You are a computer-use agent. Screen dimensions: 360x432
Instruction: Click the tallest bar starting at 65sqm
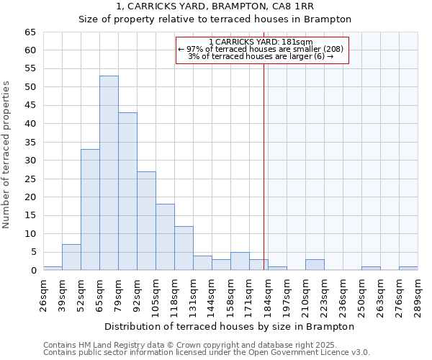tap(109, 173)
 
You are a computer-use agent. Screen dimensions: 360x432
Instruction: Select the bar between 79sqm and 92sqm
tap(127, 192)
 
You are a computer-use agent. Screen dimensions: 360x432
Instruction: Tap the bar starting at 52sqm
tap(90, 210)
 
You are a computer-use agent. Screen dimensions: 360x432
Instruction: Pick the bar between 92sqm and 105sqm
tap(146, 220)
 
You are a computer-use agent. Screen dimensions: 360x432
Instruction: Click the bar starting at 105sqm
tap(165, 237)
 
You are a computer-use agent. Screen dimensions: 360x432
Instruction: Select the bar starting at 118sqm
tap(184, 248)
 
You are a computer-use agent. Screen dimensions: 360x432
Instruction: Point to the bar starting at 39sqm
tap(71, 257)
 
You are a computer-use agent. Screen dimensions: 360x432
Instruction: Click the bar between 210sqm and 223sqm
tap(315, 264)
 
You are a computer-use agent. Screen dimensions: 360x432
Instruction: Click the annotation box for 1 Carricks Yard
tap(262, 50)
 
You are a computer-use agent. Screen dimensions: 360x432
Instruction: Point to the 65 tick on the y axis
tap(30, 32)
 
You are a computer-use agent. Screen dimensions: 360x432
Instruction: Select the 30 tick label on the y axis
tap(30, 161)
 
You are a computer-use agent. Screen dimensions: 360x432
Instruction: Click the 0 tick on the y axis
tap(33, 271)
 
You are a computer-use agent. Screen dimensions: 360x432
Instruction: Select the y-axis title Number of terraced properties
tap(6, 155)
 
